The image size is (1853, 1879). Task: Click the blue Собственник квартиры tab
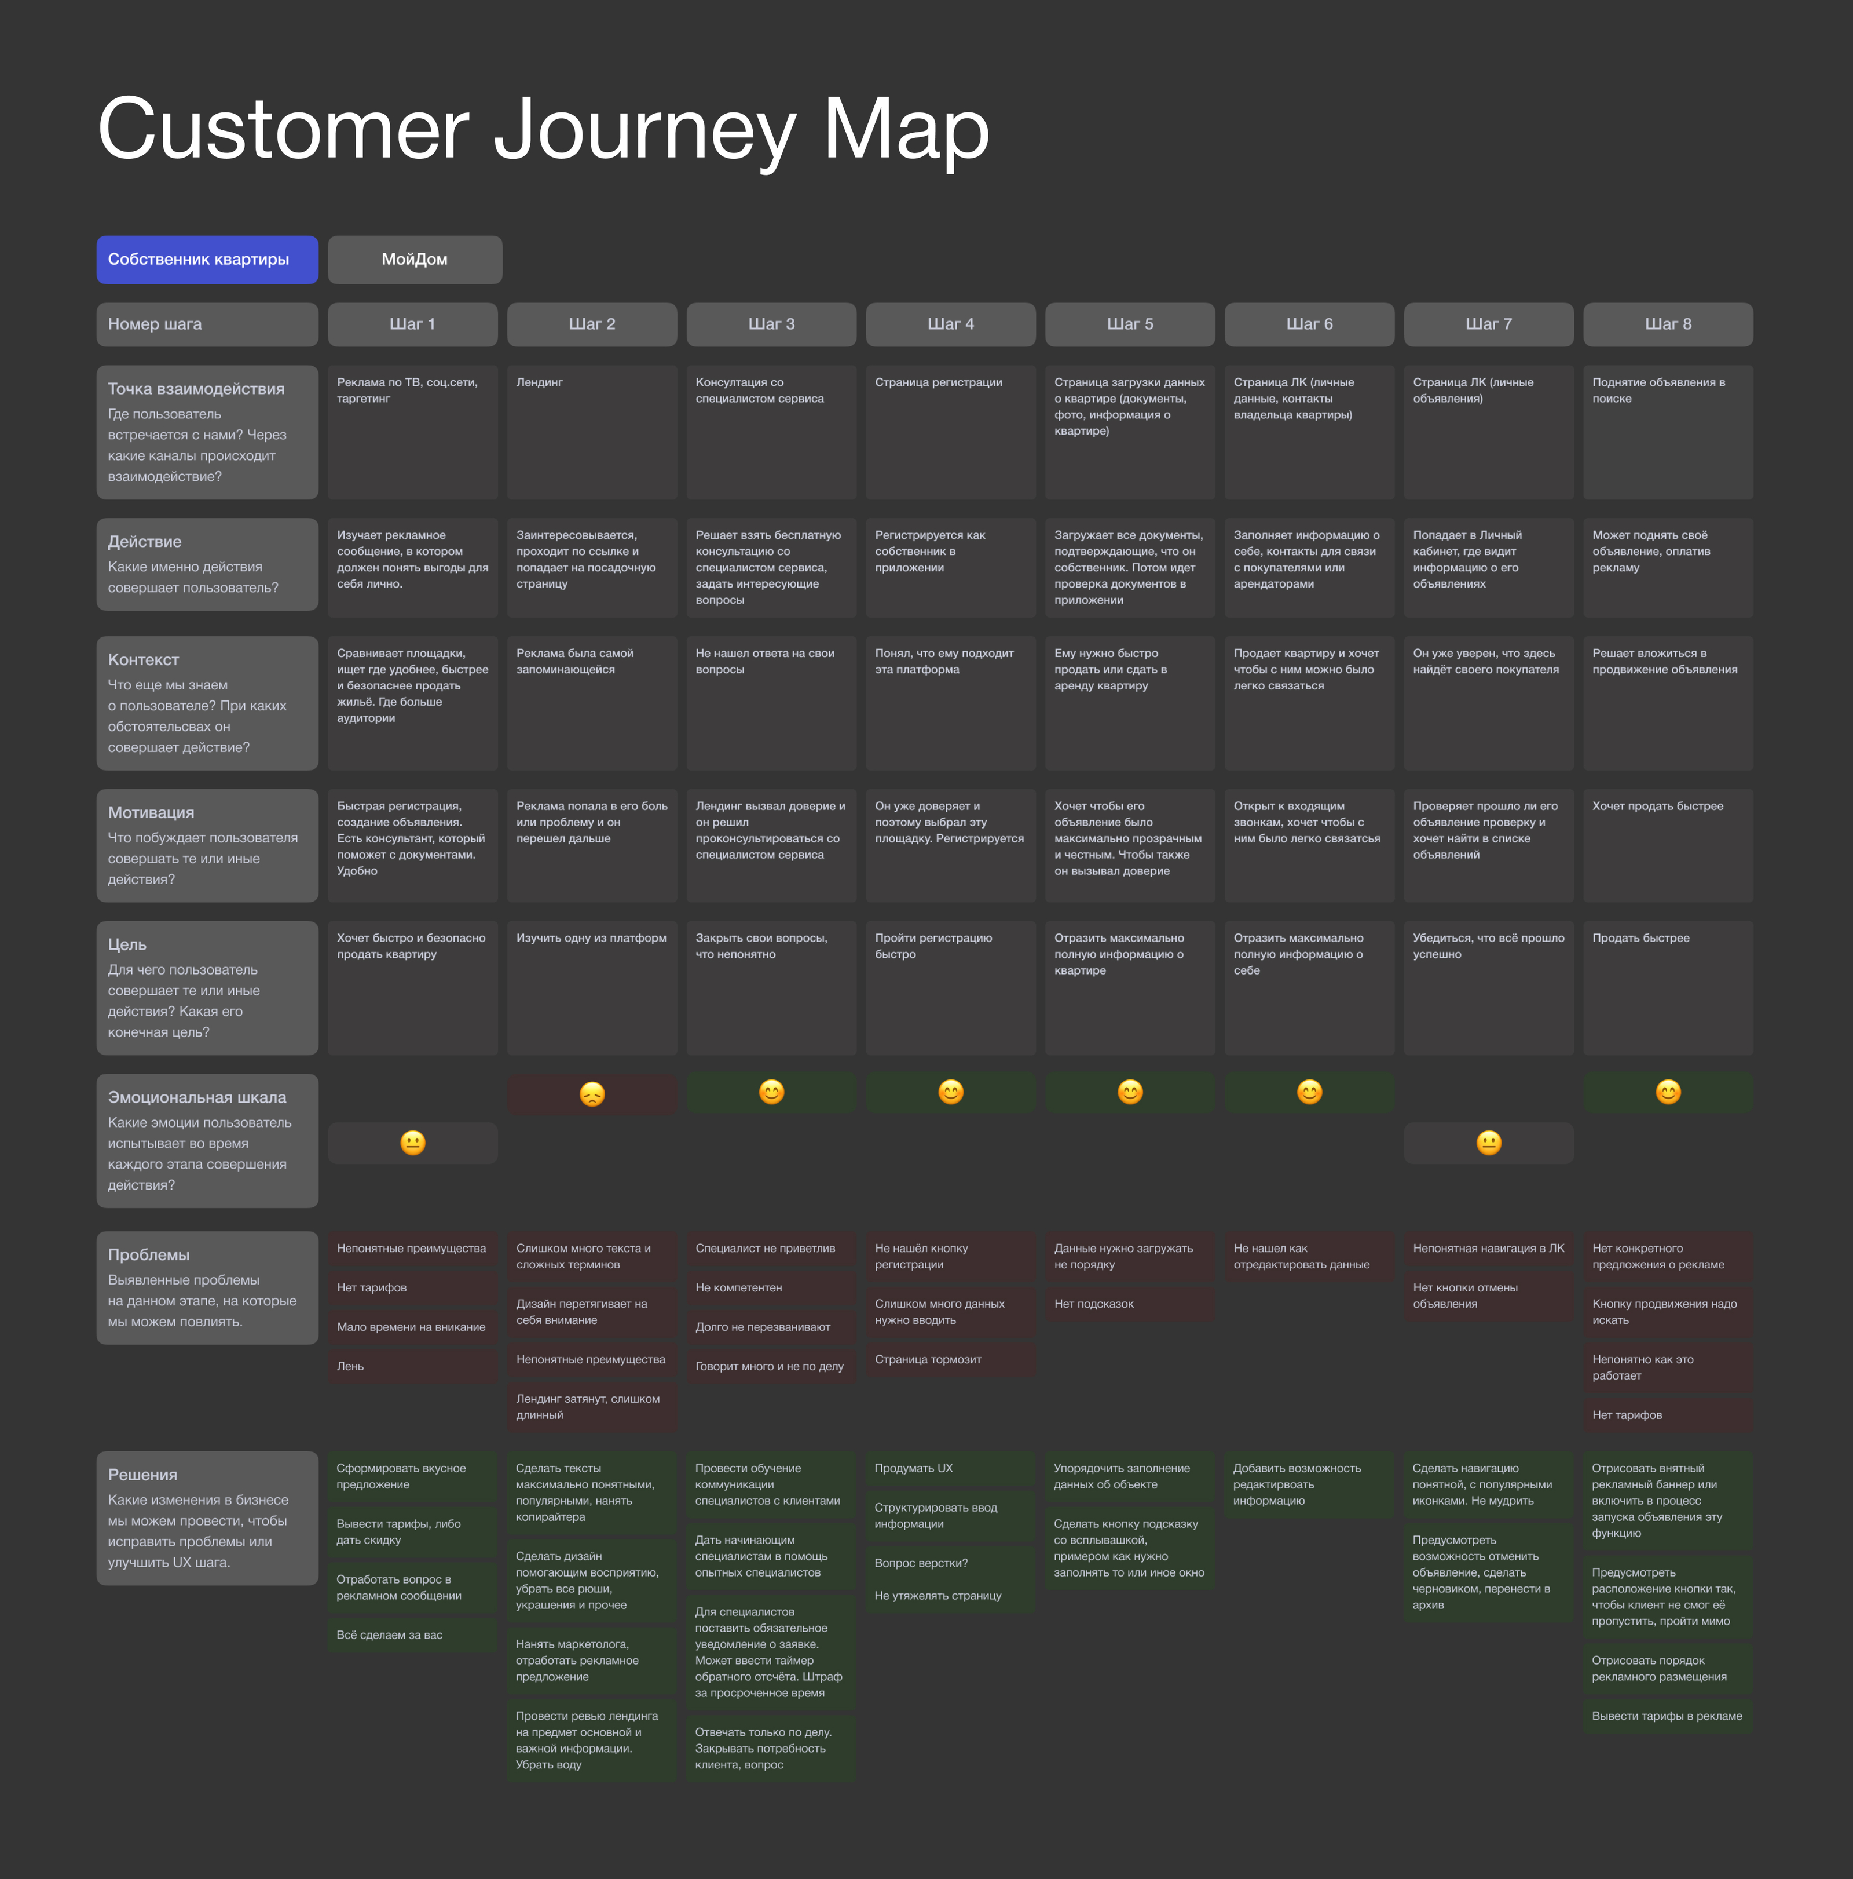point(207,260)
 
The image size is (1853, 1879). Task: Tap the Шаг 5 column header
point(1130,324)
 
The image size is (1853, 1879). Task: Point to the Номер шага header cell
point(207,324)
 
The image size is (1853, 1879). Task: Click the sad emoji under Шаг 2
point(592,1094)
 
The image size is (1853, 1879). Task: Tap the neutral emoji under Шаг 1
point(413,1143)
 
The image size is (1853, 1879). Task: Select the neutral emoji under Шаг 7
point(1488,1143)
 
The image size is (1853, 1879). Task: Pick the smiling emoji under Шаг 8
point(1668,1092)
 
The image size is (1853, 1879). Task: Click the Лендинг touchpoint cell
point(592,432)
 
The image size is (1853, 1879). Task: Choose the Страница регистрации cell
point(951,432)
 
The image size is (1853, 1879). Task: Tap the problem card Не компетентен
point(771,1287)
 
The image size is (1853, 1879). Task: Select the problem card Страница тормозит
point(951,1360)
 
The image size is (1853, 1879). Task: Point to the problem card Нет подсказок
point(1130,1304)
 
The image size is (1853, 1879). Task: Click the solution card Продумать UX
point(951,1469)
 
